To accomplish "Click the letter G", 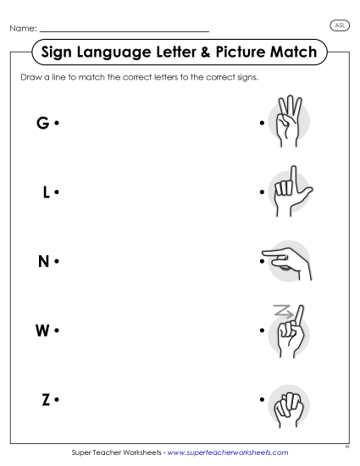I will tap(42, 124).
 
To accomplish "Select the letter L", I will tap(46, 192).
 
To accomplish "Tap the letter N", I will tap(43, 261).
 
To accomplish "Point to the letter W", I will tap(42, 330).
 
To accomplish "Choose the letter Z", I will tap(46, 398).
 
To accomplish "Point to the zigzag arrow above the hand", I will tap(280, 312).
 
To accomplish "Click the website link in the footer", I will tap(228, 453).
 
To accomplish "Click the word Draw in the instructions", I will tap(30, 78).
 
